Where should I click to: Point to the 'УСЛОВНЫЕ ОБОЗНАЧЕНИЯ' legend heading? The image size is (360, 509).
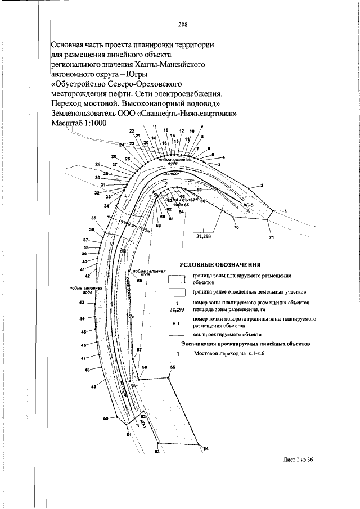click(x=220, y=264)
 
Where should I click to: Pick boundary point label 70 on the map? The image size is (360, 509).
click(x=236, y=227)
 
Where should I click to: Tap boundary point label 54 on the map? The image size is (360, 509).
click(x=206, y=448)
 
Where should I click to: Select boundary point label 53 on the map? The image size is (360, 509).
click(x=157, y=452)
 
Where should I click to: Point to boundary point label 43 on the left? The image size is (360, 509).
click(x=82, y=303)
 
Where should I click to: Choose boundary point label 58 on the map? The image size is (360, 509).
click(x=139, y=280)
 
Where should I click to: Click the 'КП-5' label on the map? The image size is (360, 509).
click(x=249, y=206)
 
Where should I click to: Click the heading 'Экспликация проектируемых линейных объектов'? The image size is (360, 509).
click(x=245, y=343)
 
